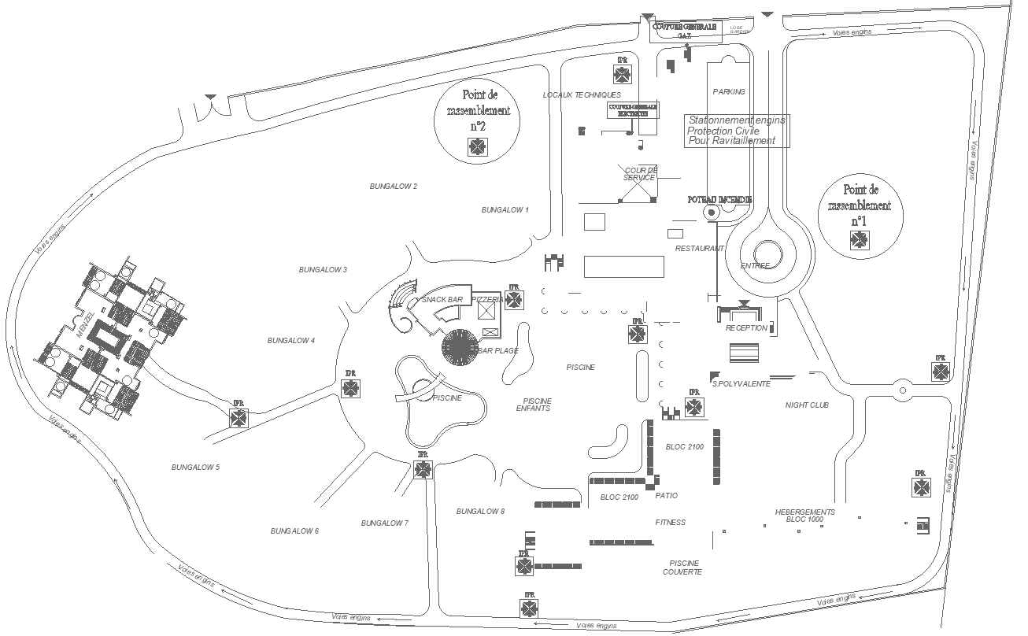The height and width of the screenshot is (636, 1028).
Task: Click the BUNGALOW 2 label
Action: point(394,187)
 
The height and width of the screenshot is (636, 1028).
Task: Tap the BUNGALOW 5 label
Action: point(195,468)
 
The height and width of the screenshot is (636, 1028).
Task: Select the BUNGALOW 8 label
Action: point(480,512)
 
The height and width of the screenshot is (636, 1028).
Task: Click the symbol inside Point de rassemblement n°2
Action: point(477,146)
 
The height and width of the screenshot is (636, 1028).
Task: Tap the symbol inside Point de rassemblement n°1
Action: point(860,240)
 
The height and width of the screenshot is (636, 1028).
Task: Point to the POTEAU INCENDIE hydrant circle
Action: point(712,213)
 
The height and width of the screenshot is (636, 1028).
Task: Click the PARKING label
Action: point(728,92)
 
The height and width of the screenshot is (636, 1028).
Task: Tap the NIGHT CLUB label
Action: point(807,405)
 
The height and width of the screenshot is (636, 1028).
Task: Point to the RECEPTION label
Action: point(745,328)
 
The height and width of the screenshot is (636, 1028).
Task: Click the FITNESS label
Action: point(670,523)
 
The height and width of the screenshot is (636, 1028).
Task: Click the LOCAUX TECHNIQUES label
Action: point(582,95)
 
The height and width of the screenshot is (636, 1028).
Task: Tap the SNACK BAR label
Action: point(442,300)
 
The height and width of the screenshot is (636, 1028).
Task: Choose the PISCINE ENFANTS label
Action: point(537,405)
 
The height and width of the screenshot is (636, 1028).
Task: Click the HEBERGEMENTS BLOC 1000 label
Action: point(804,516)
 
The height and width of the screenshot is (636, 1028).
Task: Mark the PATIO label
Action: point(666,496)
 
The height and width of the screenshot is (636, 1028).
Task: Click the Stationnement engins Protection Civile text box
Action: point(736,130)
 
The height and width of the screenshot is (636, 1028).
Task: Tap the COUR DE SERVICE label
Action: point(640,174)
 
